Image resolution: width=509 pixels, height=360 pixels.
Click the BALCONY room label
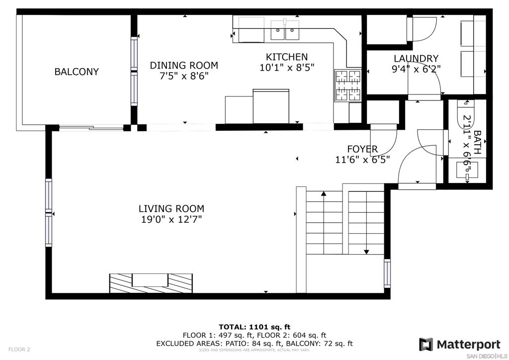pos(77,72)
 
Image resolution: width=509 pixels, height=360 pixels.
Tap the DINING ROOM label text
pos(184,65)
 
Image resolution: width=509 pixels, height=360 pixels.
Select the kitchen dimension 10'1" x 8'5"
pos(287,68)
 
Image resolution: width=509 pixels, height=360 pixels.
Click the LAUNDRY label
pos(416,59)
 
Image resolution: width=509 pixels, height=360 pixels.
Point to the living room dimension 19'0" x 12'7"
pos(171,219)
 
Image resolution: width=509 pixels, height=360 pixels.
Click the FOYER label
pos(362,149)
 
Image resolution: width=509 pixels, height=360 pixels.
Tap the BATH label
pos(477,142)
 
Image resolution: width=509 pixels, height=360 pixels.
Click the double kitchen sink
pos(285,30)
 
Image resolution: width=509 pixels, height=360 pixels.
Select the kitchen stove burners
pos(348,85)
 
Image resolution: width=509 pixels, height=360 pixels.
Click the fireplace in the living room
pos(151,283)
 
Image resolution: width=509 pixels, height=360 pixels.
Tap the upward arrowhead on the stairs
pos(324,194)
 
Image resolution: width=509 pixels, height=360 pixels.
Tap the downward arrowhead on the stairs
pos(366,252)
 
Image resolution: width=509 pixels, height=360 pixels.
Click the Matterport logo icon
pos(426,345)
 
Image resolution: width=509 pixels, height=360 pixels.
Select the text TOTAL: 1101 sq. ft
pos(254,327)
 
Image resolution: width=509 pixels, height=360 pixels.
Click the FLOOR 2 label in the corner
pos(19,350)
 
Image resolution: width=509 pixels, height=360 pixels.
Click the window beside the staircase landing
pos(387,273)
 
